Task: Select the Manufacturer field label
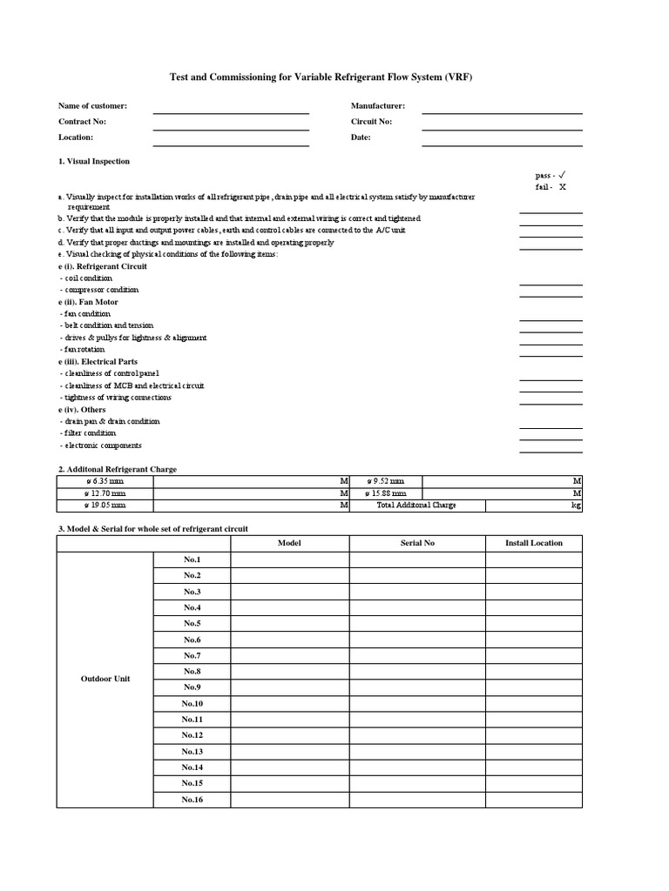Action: pyautogui.click(x=378, y=105)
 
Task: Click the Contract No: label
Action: pyautogui.click(x=82, y=122)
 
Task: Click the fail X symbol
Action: pyautogui.click(x=562, y=187)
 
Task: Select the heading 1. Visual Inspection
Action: pyautogui.click(x=94, y=161)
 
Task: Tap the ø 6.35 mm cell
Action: pyautogui.click(x=105, y=480)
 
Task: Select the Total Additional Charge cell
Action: pyautogui.click(x=417, y=505)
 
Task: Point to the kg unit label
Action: pyautogui.click(x=576, y=505)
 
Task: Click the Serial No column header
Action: pyautogui.click(x=417, y=543)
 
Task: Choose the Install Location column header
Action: pyautogui.click(x=534, y=543)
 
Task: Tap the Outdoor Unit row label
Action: pyautogui.click(x=105, y=679)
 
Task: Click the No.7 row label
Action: pyautogui.click(x=192, y=655)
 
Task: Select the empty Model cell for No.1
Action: pyautogui.click(x=289, y=559)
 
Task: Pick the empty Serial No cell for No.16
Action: pyautogui.click(x=417, y=800)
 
